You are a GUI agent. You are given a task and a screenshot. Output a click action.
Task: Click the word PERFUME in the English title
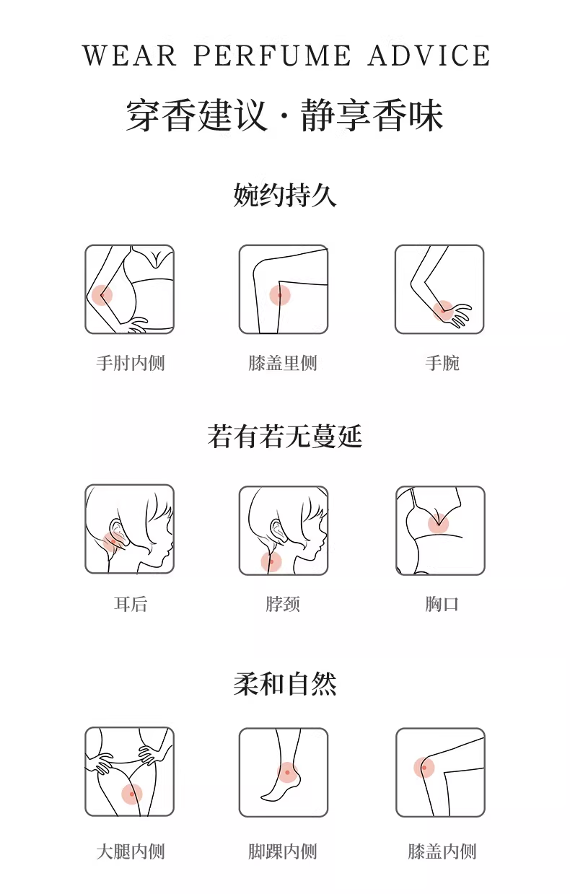point(272,56)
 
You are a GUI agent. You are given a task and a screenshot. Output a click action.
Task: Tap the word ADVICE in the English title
point(429,56)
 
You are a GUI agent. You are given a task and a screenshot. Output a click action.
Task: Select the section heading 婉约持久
point(285,195)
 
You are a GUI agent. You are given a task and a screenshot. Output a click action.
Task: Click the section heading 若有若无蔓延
point(285,437)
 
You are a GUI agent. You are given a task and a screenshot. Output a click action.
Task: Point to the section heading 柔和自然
point(285,684)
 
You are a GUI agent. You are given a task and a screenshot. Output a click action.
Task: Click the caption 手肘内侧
point(131,363)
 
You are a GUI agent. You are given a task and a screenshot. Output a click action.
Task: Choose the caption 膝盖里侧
point(283,363)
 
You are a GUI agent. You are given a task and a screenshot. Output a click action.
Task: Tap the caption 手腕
point(442,363)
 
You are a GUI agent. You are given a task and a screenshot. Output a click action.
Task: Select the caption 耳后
point(131,604)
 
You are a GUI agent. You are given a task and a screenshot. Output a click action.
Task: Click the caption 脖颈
point(283,604)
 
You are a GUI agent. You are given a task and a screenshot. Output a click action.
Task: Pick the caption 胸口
point(442,604)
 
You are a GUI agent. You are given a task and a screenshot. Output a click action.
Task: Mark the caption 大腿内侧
point(131,851)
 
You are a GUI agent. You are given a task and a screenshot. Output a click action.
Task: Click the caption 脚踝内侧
point(283,851)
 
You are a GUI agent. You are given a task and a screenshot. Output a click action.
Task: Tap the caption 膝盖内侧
point(442,851)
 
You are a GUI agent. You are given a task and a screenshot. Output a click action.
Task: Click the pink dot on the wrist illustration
point(444,310)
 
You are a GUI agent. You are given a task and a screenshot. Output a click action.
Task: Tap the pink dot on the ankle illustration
point(287,773)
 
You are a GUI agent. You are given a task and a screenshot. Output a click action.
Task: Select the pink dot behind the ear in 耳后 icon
point(113,542)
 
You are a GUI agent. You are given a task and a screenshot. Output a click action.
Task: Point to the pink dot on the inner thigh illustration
point(132,794)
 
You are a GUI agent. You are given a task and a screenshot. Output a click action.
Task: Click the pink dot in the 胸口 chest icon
point(438,524)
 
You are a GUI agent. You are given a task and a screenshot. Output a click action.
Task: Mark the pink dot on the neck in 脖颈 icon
point(271,562)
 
